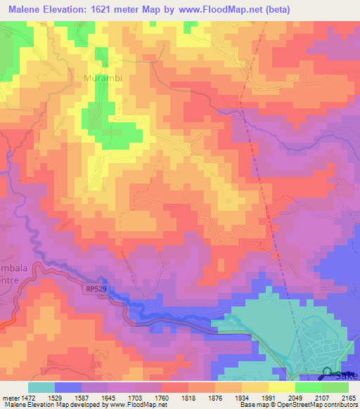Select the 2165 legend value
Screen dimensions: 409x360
[x=348, y=397]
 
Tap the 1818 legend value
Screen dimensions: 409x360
[x=189, y=397]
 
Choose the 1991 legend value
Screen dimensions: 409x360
[x=269, y=397]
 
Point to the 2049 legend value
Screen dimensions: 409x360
[x=295, y=397]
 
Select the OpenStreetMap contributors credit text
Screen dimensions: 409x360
[x=321, y=404]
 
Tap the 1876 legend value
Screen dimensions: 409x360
[x=216, y=397]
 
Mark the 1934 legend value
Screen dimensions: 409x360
[x=243, y=397]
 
